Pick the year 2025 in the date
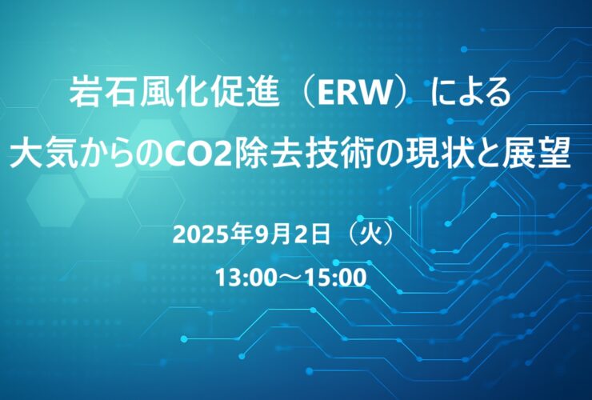pos(194,236)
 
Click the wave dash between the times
pos(290,278)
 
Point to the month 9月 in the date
pos(269,236)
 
